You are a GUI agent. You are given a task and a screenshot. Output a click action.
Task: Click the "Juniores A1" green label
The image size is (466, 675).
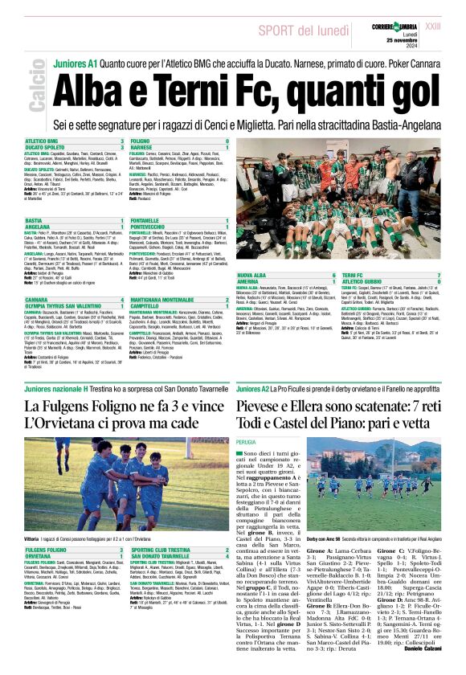point(74,63)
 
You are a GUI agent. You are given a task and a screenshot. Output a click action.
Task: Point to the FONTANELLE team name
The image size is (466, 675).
point(146,220)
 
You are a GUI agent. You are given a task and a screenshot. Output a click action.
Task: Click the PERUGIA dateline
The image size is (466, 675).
point(246,441)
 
